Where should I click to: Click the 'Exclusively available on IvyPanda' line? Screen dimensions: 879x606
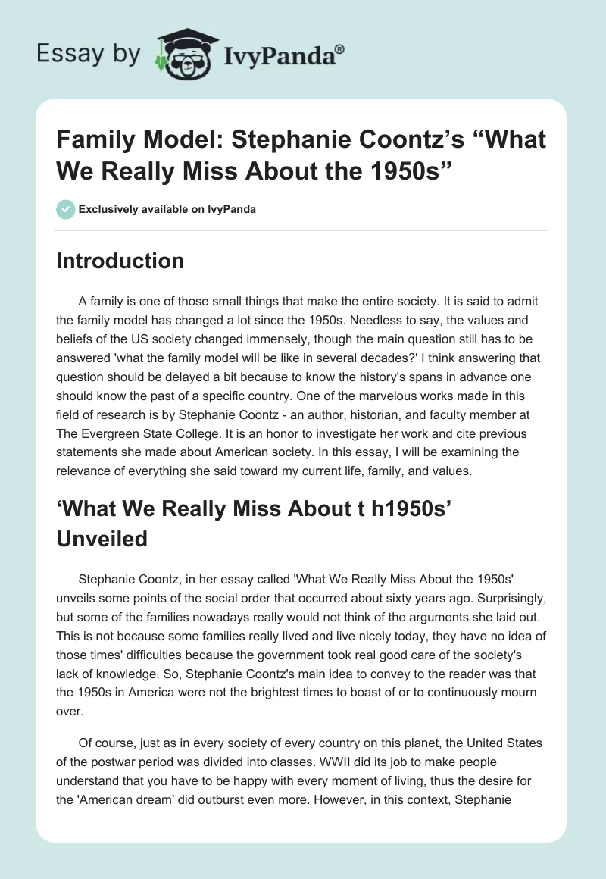pos(166,209)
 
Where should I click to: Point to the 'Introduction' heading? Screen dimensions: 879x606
pos(120,261)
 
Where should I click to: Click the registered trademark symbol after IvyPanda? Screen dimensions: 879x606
pos(340,49)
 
